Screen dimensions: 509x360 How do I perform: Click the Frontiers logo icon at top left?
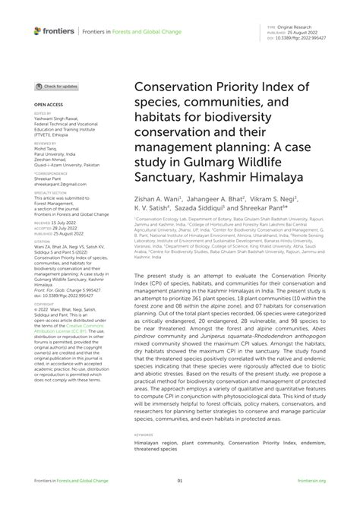click(38, 31)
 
